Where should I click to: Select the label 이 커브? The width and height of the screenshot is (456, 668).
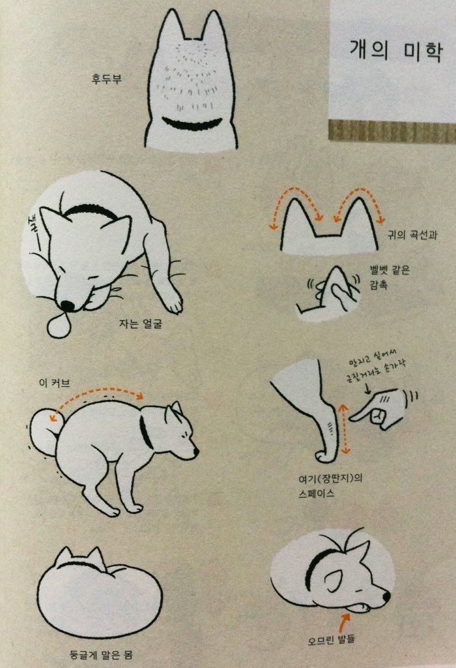point(55,382)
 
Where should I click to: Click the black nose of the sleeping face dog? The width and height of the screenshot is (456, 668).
point(67,305)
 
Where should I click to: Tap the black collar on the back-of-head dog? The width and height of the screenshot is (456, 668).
point(192,124)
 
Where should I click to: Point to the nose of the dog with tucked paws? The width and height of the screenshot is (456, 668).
point(386,596)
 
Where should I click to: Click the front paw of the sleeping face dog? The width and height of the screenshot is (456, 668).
point(173,303)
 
